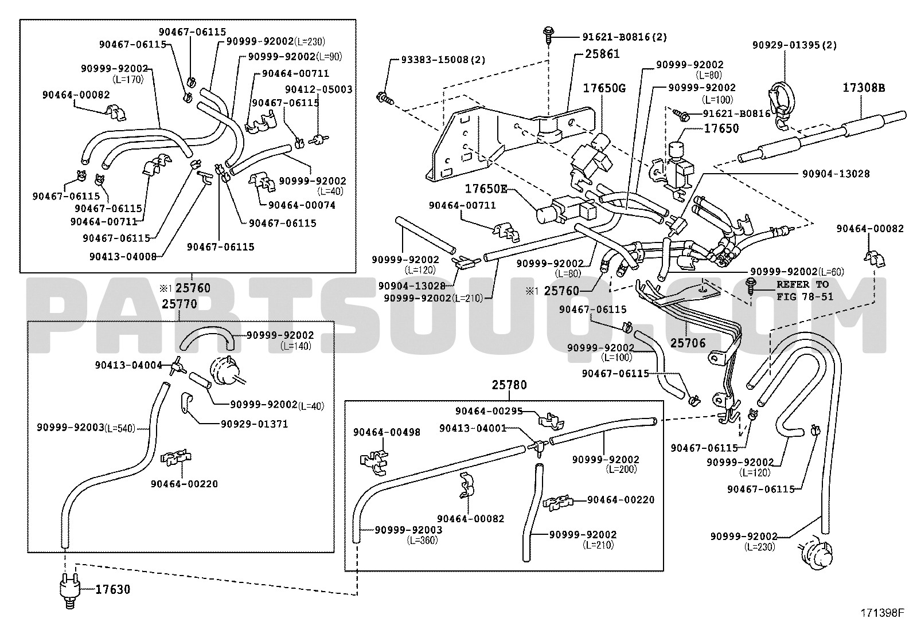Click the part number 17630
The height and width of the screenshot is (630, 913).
(x=112, y=589)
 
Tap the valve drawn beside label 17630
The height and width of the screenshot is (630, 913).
(x=69, y=591)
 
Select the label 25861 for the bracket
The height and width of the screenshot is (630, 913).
(x=602, y=54)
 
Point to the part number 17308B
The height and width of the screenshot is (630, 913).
(x=864, y=88)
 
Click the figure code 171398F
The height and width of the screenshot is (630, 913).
(x=882, y=613)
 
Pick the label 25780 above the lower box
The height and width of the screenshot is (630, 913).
(x=509, y=385)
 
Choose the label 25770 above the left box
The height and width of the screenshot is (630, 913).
(x=180, y=304)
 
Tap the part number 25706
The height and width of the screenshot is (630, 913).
(x=688, y=343)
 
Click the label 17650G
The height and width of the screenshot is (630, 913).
(x=604, y=88)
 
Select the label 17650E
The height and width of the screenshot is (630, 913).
(x=486, y=189)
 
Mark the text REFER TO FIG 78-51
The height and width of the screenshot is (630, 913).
(x=805, y=291)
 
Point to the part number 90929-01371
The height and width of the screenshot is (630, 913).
(x=254, y=424)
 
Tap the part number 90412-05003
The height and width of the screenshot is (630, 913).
(x=319, y=89)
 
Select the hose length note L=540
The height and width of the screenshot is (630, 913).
(x=120, y=428)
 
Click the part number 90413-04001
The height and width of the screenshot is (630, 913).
(x=473, y=428)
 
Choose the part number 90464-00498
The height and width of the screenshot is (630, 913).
(x=387, y=432)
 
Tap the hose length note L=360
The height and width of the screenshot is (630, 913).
(x=422, y=541)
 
